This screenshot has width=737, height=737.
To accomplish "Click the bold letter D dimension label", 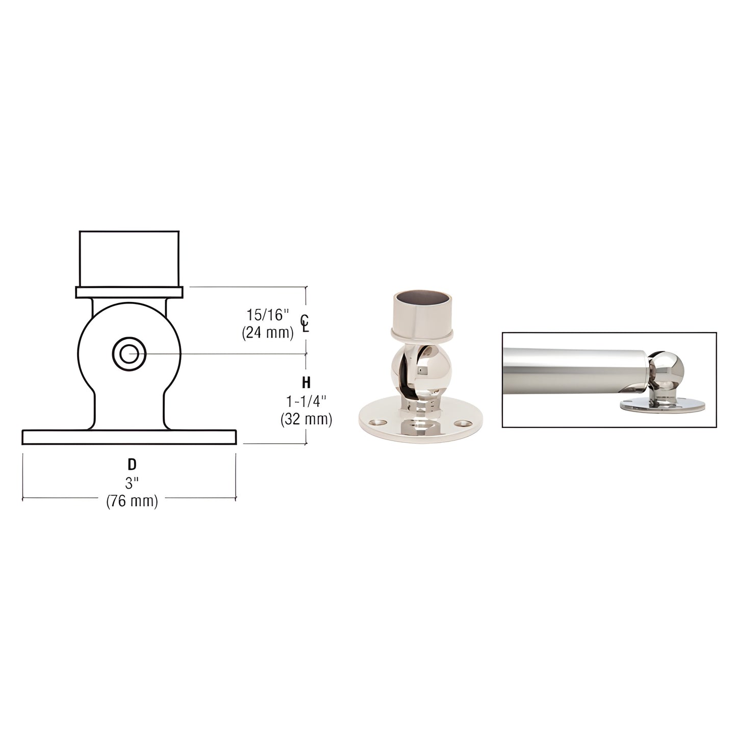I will [132, 464].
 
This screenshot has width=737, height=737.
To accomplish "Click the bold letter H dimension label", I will [306, 383].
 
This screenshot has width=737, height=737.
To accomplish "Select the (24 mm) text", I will [268, 333].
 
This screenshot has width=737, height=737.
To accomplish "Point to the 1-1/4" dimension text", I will [306, 401].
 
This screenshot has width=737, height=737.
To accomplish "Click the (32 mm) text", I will [306, 419].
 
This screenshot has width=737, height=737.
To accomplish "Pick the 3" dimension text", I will [132, 483].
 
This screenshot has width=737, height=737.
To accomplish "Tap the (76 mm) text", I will [132, 501].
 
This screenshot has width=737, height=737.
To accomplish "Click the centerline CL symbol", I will [305, 323].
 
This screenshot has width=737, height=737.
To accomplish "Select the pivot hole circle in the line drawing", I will [129, 352].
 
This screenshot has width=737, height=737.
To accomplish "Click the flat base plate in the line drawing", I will [129, 437].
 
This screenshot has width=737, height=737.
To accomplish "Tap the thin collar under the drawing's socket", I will [130, 292].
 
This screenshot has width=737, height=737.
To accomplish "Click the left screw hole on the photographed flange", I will [377, 423].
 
